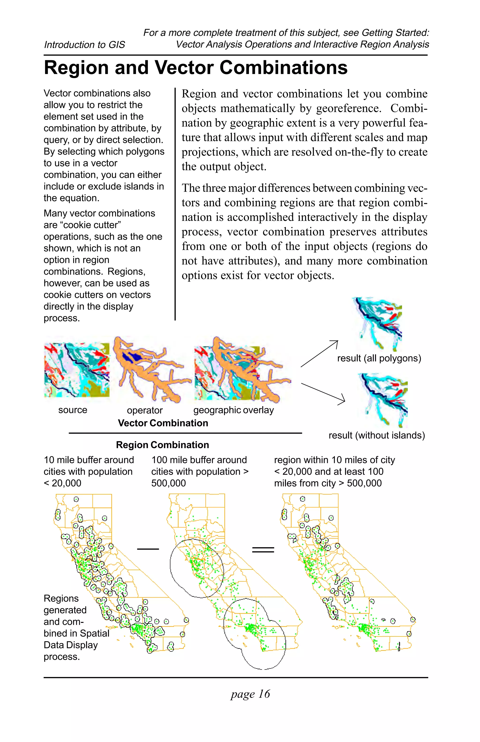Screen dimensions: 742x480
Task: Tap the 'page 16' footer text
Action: tap(250, 694)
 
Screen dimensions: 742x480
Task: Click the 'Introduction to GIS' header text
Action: tap(84, 45)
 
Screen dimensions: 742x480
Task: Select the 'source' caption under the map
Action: tap(73, 410)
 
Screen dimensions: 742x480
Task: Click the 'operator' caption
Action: tap(145, 410)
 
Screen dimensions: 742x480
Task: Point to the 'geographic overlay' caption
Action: tap(233, 410)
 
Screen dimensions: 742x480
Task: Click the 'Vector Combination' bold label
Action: tap(163, 423)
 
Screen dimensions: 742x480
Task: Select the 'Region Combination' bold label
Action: tap(162, 445)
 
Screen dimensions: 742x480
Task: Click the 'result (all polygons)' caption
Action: tap(379, 358)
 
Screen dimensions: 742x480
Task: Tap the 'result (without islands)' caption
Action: tap(377, 435)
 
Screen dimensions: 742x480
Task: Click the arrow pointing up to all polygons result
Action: tap(319, 354)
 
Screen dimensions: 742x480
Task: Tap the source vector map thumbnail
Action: tap(77, 370)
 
